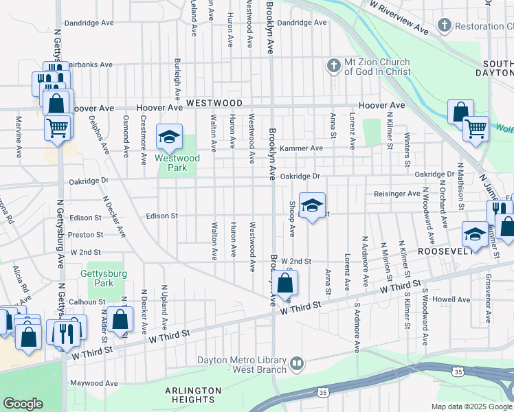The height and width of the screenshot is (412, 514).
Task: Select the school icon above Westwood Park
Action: [169, 137]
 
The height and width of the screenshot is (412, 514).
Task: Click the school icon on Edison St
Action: [312, 207]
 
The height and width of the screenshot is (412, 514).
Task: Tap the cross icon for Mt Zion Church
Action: [333, 66]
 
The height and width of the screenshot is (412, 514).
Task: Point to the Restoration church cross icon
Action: [445, 26]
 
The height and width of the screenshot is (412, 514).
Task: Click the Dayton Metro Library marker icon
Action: [297, 362]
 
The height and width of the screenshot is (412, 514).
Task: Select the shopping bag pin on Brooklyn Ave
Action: [288, 282]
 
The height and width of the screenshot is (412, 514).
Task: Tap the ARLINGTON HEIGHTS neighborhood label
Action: [193, 395]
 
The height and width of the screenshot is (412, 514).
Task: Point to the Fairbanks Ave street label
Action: [87, 65]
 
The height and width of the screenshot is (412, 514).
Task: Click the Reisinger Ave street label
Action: [396, 194]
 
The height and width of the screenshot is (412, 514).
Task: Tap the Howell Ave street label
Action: [451, 299]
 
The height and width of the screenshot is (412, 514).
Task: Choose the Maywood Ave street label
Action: [93, 383]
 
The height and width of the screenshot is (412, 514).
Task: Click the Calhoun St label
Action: [87, 301]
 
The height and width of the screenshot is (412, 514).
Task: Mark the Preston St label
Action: [85, 235]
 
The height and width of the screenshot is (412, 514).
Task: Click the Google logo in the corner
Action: [23, 403]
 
